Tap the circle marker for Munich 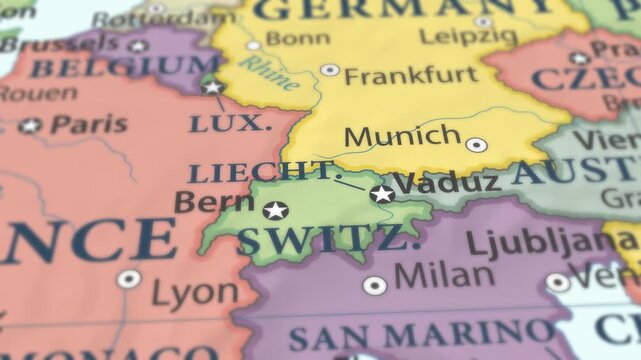tap(476, 144)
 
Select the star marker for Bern tap(275, 210)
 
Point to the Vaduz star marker tap(381, 193)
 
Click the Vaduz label tap(447, 183)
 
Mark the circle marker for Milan tap(374, 285)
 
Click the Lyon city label tap(195, 293)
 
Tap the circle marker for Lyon tap(129, 279)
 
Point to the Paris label tap(89, 124)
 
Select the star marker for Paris tap(30, 126)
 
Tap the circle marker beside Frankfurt tap(329, 70)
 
